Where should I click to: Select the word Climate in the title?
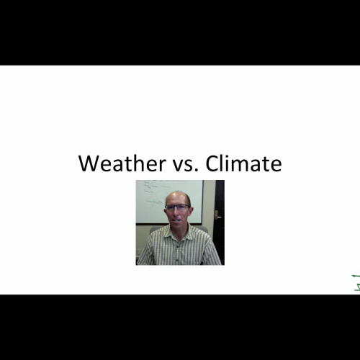(x=243, y=164)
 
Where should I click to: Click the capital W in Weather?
(x=89, y=164)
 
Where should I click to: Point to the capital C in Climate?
(x=212, y=164)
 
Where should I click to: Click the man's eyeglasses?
(x=177, y=207)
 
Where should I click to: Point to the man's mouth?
(x=178, y=220)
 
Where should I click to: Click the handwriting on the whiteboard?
(x=150, y=189)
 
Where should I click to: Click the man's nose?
(x=177, y=213)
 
